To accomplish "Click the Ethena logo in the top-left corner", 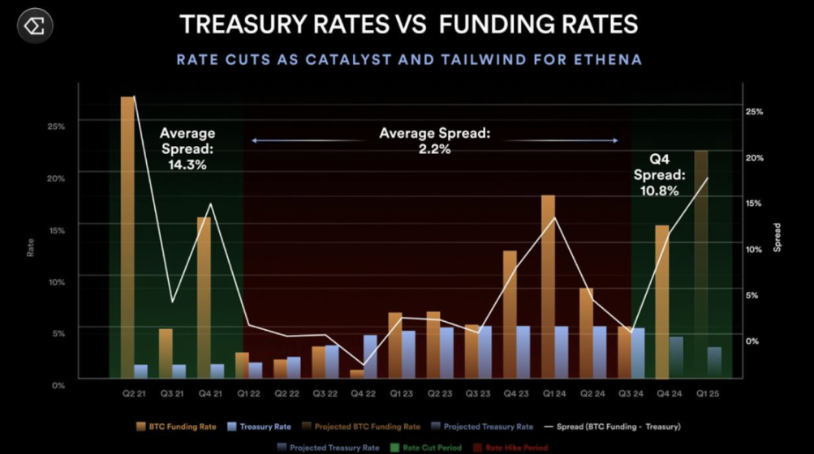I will [35, 27].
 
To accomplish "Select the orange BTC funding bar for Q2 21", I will [127, 235].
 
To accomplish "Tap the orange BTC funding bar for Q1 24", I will [548, 284].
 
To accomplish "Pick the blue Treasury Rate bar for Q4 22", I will [370, 356].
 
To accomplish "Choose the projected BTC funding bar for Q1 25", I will [700, 259].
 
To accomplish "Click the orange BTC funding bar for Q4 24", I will [662, 300].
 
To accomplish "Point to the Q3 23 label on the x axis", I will [478, 393].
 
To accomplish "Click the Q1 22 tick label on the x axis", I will [248, 393].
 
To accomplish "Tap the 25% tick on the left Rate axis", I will [56, 126].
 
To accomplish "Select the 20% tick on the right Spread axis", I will [754, 157].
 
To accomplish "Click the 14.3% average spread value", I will [187, 165].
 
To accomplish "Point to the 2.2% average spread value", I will [435, 149].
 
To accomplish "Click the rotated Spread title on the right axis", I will [777, 237].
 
